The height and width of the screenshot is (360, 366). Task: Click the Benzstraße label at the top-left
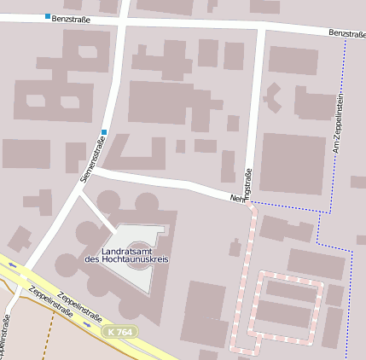(x=71, y=17)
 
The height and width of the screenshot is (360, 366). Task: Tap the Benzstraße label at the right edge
(x=346, y=33)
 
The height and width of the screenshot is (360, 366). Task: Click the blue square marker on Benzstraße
(x=47, y=16)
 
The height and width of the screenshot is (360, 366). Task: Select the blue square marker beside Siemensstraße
(x=104, y=131)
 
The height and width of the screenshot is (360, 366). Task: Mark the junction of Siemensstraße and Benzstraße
(x=124, y=20)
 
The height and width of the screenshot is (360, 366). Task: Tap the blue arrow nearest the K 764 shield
(x=87, y=324)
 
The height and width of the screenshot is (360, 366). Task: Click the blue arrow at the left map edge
(x=12, y=265)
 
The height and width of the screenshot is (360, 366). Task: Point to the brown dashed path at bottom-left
(x=47, y=341)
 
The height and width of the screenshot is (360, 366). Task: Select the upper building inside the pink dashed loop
(x=290, y=290)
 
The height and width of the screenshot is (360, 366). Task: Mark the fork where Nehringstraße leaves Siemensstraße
(x=92, y=171)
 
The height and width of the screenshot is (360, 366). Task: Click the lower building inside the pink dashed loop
(x=283, y=315)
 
